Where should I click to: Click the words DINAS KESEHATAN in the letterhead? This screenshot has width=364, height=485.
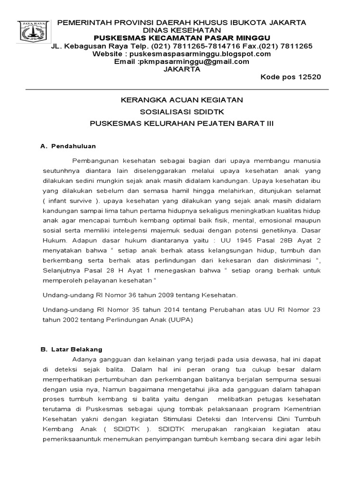point(182,30)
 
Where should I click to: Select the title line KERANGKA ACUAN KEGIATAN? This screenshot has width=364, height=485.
point(182,100)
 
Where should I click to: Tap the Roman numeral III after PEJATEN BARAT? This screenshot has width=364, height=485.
point(269,123)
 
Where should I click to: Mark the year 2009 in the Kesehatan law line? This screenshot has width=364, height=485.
point(166,295)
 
